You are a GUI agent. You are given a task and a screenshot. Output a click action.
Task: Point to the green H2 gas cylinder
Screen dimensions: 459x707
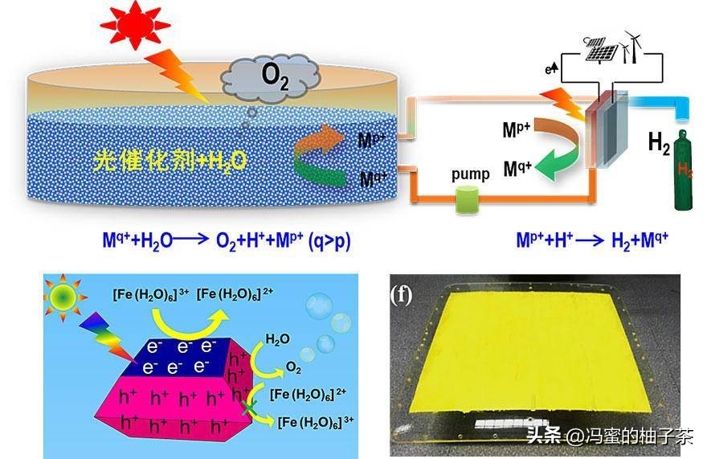[x=685, y=174]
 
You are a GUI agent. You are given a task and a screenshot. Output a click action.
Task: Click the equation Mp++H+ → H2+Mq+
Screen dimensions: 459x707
[x=592, y=239]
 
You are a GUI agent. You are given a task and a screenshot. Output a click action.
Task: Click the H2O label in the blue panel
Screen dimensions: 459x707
[x=276, y=339]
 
